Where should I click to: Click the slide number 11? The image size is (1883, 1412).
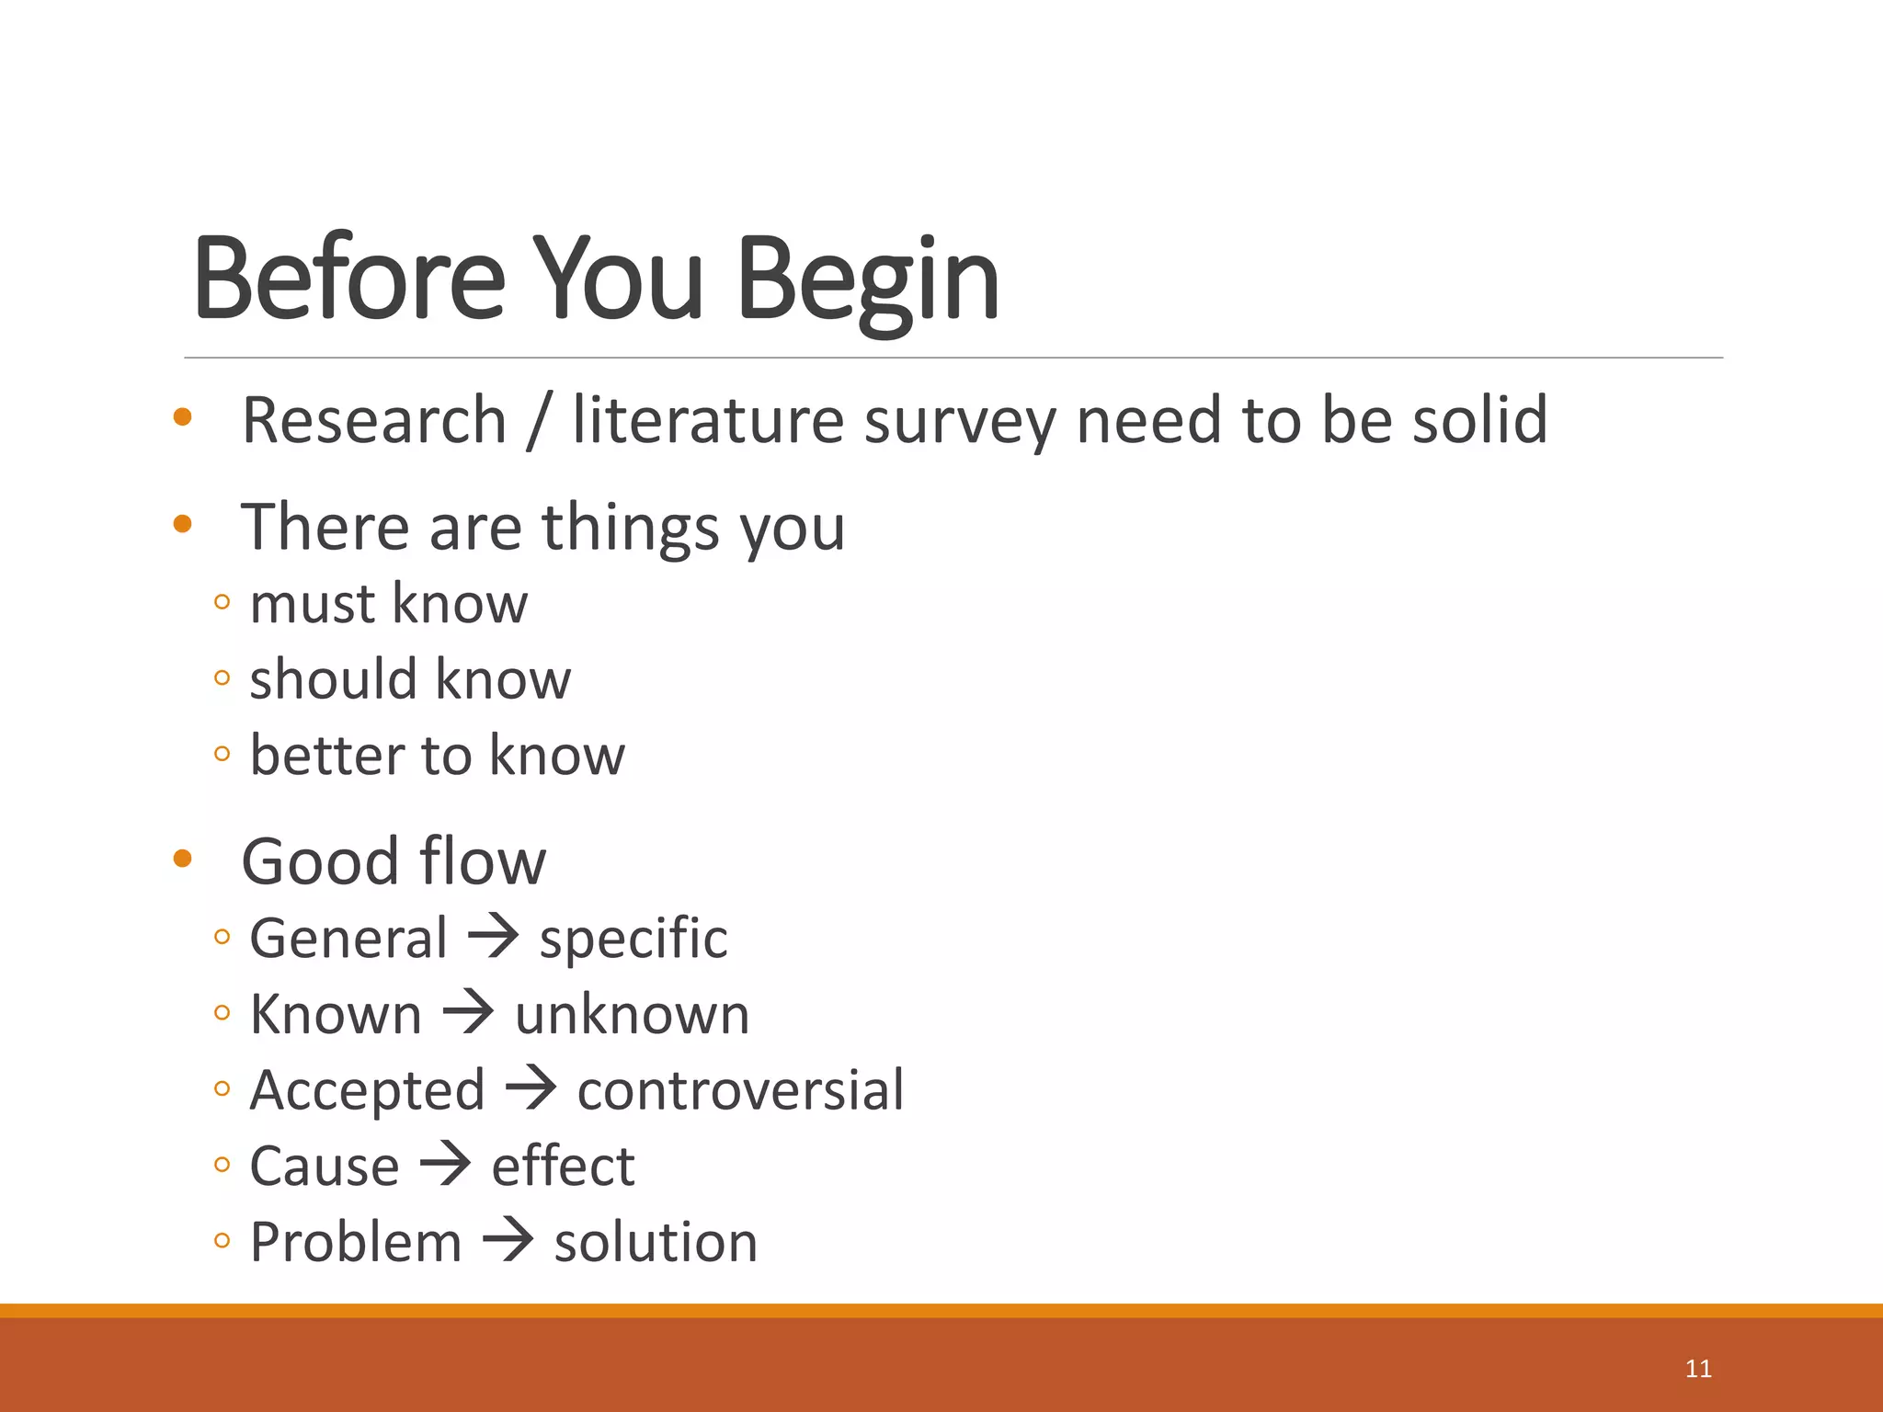(x=1698, y=1369)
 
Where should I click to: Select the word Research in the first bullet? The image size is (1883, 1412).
(x=374, y=420)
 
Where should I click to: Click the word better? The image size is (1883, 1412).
(x=327, y=756)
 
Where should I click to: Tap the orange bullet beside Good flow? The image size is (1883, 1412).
(x=182, y=859)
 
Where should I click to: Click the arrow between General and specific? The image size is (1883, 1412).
(x=494, y=938)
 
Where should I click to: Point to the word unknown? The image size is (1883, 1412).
(x=632, y=1015)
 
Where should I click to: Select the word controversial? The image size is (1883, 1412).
(x=740, y=1090)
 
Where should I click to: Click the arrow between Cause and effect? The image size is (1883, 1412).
(x=446, y=1166)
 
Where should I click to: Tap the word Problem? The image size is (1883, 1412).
(x=356, y=1242)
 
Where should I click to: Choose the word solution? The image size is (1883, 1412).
(x=656, y=1242)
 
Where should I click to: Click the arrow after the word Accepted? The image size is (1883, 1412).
(x=531, y=1089)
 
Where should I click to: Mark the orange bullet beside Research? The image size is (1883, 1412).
(x=182, y=416)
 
